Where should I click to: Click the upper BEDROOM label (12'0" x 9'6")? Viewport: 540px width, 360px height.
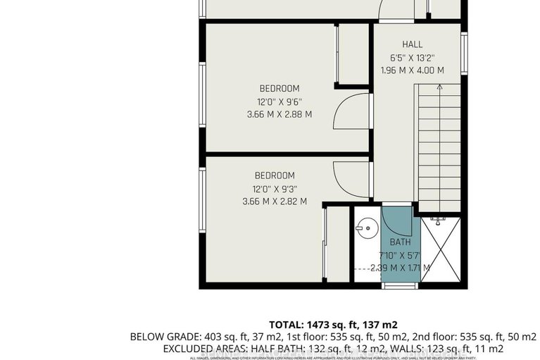[279, 89]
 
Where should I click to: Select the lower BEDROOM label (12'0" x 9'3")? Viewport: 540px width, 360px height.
[274, 175]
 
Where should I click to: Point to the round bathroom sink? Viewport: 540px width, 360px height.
[364, 228]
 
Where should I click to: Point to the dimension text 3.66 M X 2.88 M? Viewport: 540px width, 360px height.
[279, 114]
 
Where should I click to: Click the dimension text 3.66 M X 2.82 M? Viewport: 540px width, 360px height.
[274, 201]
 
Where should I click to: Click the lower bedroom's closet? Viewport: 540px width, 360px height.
[337, 244]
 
